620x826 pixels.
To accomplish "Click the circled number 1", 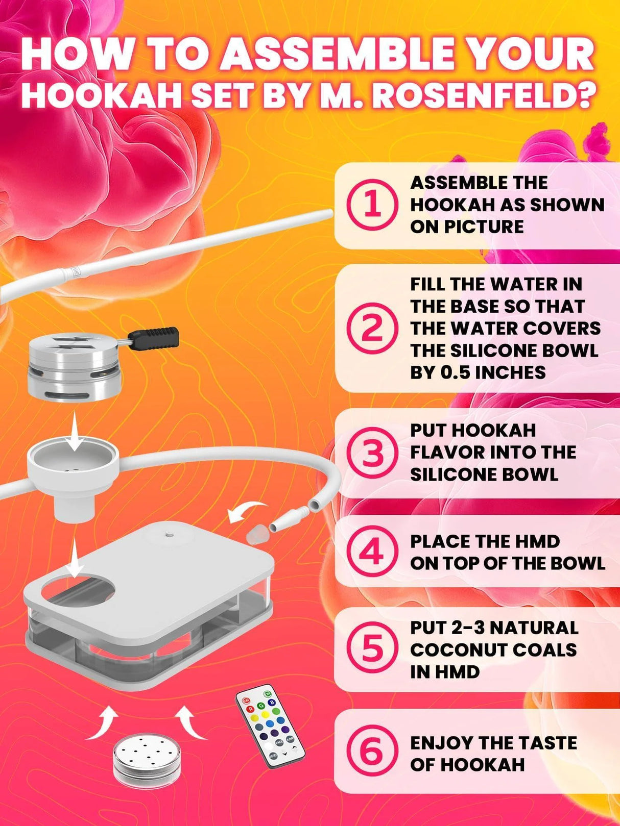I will click(372, 205).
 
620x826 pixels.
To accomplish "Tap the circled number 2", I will click(372, 328).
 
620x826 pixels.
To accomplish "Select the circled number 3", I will click(372, 452).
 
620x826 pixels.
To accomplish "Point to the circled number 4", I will click(372, 552).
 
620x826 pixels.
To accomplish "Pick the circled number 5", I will click(372, 648).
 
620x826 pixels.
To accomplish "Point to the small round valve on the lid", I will click(168, 535).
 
